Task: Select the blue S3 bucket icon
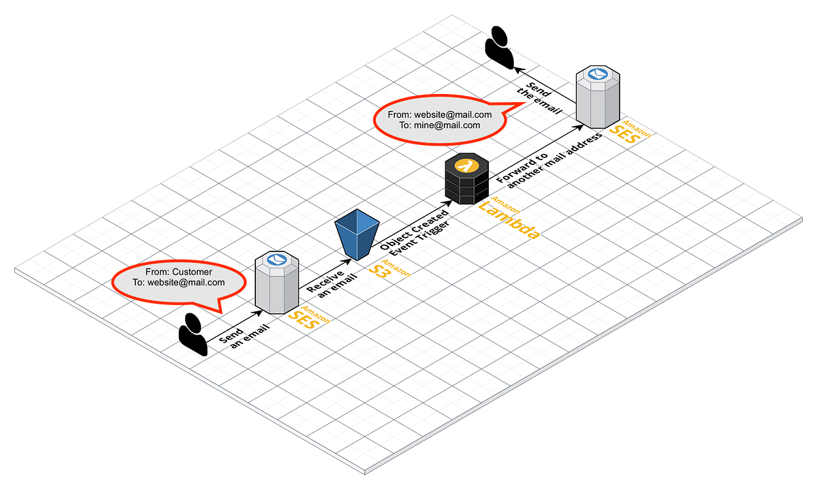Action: click(x=357, y=234)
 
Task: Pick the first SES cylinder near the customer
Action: click(x=276, y=283)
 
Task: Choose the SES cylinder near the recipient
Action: click(x=597, y=97)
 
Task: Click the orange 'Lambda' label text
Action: click(x=509, y=219)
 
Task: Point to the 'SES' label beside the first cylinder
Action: click(x=303, y=319)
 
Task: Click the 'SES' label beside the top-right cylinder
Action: click(x=624, y=134)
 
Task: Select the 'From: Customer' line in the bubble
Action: click(x=178, y=272)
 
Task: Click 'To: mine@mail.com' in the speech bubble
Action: click(x=439, y=125)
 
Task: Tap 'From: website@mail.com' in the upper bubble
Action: click(x=439, y=115)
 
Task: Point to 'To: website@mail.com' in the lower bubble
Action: click(x=178, y=282)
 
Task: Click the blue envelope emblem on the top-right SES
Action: click(x=597, y=73)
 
